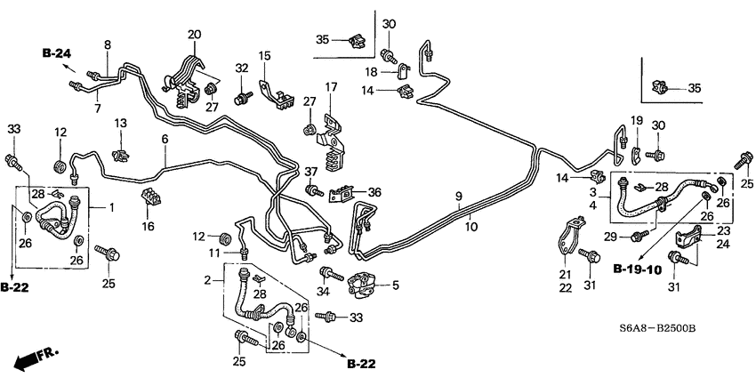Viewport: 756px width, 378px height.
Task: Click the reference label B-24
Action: pos(57,54)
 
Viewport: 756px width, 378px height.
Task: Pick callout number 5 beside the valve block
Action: pos(396,286)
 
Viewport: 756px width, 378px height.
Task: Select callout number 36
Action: pos(374,192)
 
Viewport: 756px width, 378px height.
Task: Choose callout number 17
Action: pos(331,87)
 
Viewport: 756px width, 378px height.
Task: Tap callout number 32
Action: pos(241,68)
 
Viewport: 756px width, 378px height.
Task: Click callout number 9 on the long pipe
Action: pos(459,197)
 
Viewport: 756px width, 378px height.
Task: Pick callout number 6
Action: pos(165,140)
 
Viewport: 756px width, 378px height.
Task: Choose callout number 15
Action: pos(264,56)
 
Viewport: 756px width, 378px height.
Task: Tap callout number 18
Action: pos(371,71)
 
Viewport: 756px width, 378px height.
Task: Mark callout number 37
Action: pos(310,171)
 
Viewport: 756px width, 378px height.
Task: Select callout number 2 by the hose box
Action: pos(207,280)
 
